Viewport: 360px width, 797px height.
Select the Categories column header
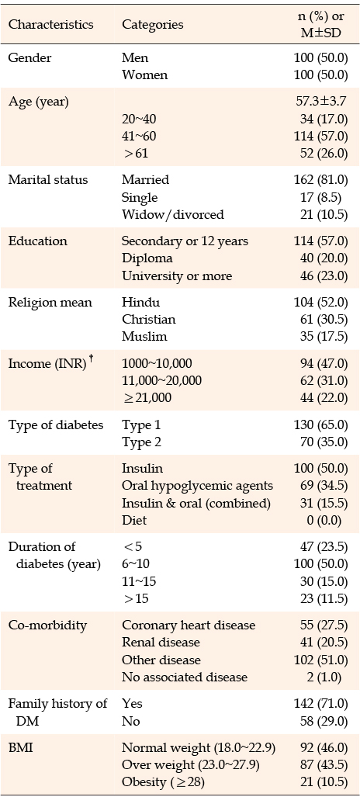[153, 24]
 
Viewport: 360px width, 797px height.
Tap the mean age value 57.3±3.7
[318, 102]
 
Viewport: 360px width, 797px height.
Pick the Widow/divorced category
[172, 214]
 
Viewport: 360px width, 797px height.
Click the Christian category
[148, 319]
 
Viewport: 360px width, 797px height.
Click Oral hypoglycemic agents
[197, 486]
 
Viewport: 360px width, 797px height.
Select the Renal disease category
[161, 643]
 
